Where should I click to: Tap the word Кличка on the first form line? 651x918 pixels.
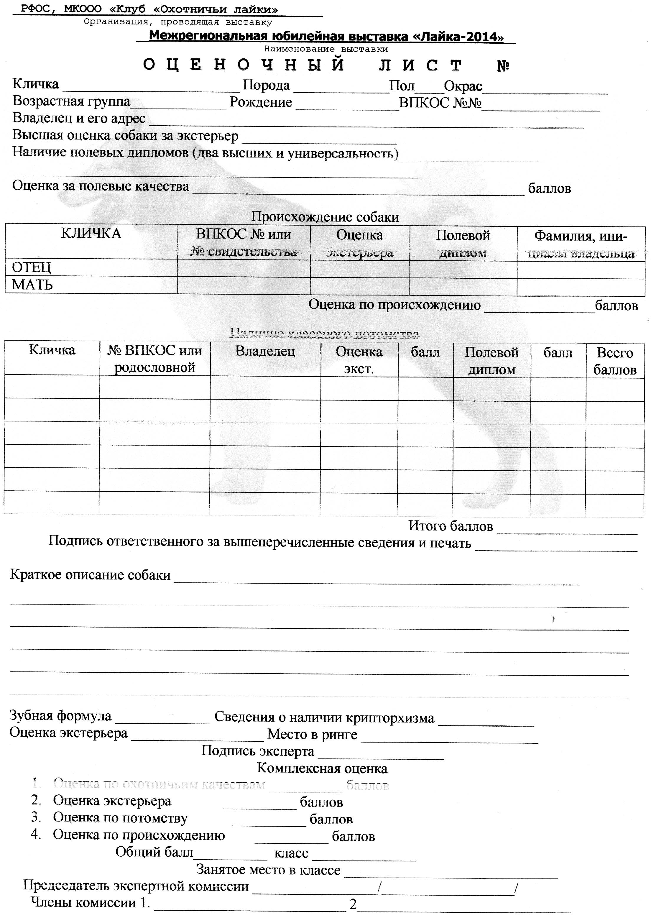[x=36, y=84]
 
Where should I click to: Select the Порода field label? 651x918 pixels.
[x=266, y=86]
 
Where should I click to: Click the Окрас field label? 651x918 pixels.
[x=463, y=86]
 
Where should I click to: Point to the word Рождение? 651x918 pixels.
[x=261, y=102]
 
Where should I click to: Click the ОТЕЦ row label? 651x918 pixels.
[x=31, y=267]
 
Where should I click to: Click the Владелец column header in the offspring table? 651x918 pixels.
[x=265, y=351]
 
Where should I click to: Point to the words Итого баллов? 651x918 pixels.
[x=450, y=526]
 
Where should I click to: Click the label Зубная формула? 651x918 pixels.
[x=60, y=716]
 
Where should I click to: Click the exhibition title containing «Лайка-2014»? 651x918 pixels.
[x=326, y=37]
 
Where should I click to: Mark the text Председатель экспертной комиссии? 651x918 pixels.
[x=136, y=886]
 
